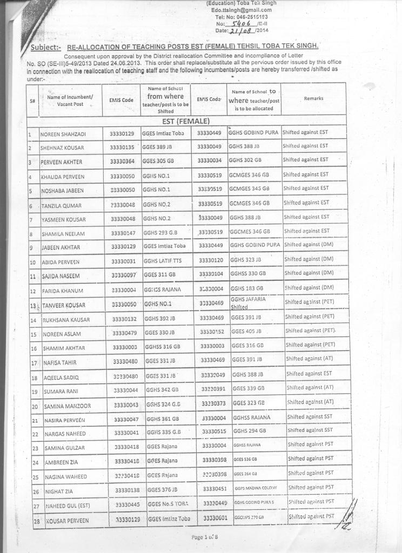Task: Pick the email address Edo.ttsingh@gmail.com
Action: (x=241, y=10)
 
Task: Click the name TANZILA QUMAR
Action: (x=61, y=206)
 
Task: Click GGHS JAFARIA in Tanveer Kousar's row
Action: (x=248, y=299)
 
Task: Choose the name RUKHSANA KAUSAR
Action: (x=66, y=320)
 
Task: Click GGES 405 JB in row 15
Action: (x=247, y=331)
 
